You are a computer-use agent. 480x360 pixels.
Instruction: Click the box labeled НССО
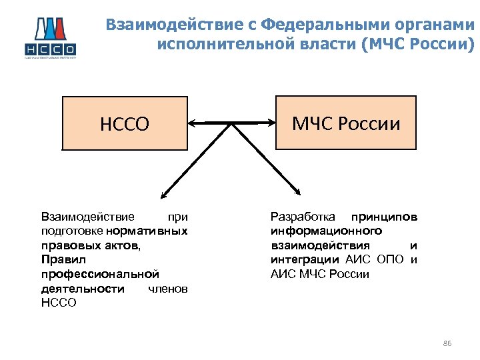pyautogui.click(x=125, y=123)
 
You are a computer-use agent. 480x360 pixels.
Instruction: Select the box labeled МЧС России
pyautogui.click(x=346, y=123)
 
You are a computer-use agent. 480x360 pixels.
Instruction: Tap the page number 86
pyautogui.click(x=447, y=343)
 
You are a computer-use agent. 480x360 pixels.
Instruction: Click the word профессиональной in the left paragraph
pyautogui.click(x=100, y=273)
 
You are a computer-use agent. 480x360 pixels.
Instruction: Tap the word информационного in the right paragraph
pyautogui.click(x=326, y=231)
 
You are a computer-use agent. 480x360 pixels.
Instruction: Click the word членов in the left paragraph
pyautogui.click(x=167, y=288)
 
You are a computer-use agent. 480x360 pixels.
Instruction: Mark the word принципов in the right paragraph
pyautogui.click(x=385, y=217)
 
